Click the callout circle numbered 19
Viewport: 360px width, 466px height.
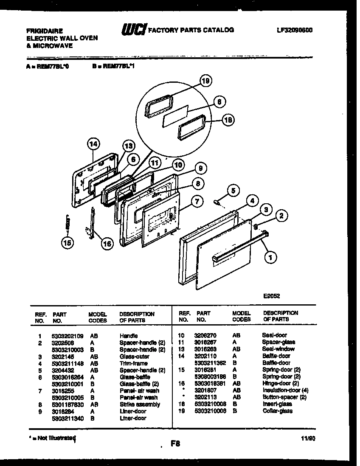pos(206,81)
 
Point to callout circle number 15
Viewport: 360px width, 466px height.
pos(67,243)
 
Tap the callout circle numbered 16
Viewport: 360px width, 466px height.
pos(107,243)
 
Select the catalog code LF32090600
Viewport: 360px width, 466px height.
pos(294,30)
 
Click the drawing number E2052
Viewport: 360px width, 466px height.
pos(271,297)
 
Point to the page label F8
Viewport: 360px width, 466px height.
pos(175,444)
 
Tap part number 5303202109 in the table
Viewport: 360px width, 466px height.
pos(67,335)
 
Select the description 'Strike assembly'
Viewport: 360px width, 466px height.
pos(140,404)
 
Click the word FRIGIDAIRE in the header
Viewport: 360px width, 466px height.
pos(45,31)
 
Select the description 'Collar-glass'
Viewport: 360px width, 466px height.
pos(278,411)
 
